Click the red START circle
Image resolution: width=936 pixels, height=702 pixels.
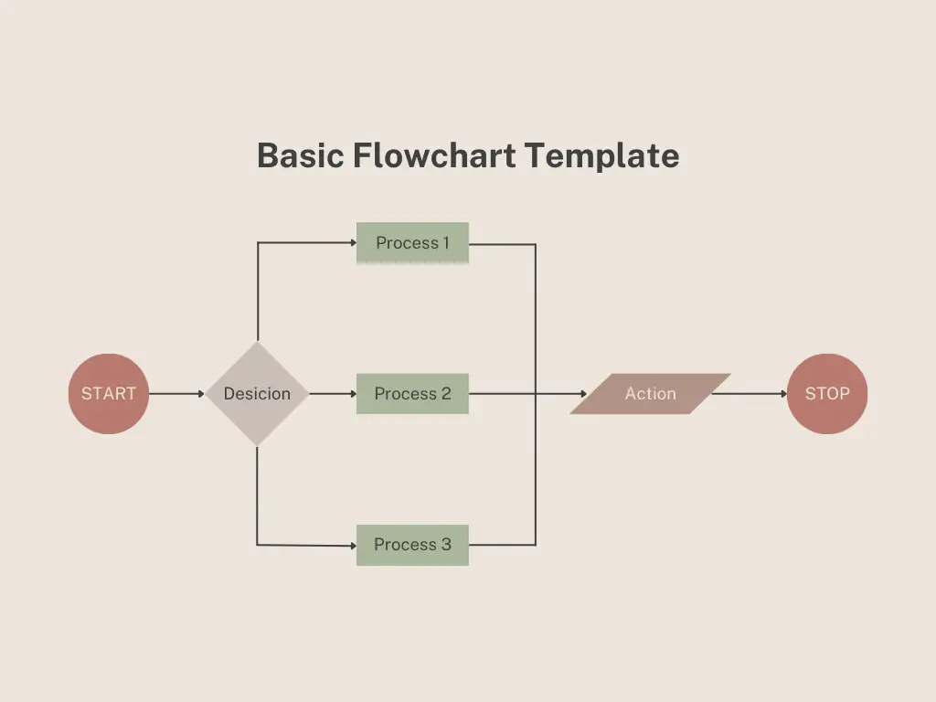(108, 394)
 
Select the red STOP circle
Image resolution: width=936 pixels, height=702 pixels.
(826, 394)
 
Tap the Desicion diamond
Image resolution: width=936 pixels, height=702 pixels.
(257, 394)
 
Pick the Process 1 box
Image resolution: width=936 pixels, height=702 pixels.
(412, 243)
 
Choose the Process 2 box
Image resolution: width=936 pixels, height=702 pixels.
(412, 394)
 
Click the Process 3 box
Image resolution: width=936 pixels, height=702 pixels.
(412, 545)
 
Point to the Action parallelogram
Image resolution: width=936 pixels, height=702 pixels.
(650, 394)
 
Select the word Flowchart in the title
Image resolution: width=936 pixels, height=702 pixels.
(434, 155)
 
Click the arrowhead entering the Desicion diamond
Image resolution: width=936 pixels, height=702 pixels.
(201, 394)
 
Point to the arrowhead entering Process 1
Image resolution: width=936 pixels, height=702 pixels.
(352, 243)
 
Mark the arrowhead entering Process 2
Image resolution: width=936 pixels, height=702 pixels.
(352, 394)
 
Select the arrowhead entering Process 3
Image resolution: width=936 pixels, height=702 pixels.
(352, 545)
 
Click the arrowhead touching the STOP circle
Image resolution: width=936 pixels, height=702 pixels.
(783, 394)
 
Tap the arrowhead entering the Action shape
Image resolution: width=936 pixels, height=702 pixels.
(581, 394)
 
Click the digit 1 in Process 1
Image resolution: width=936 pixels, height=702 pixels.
(445, 243)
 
